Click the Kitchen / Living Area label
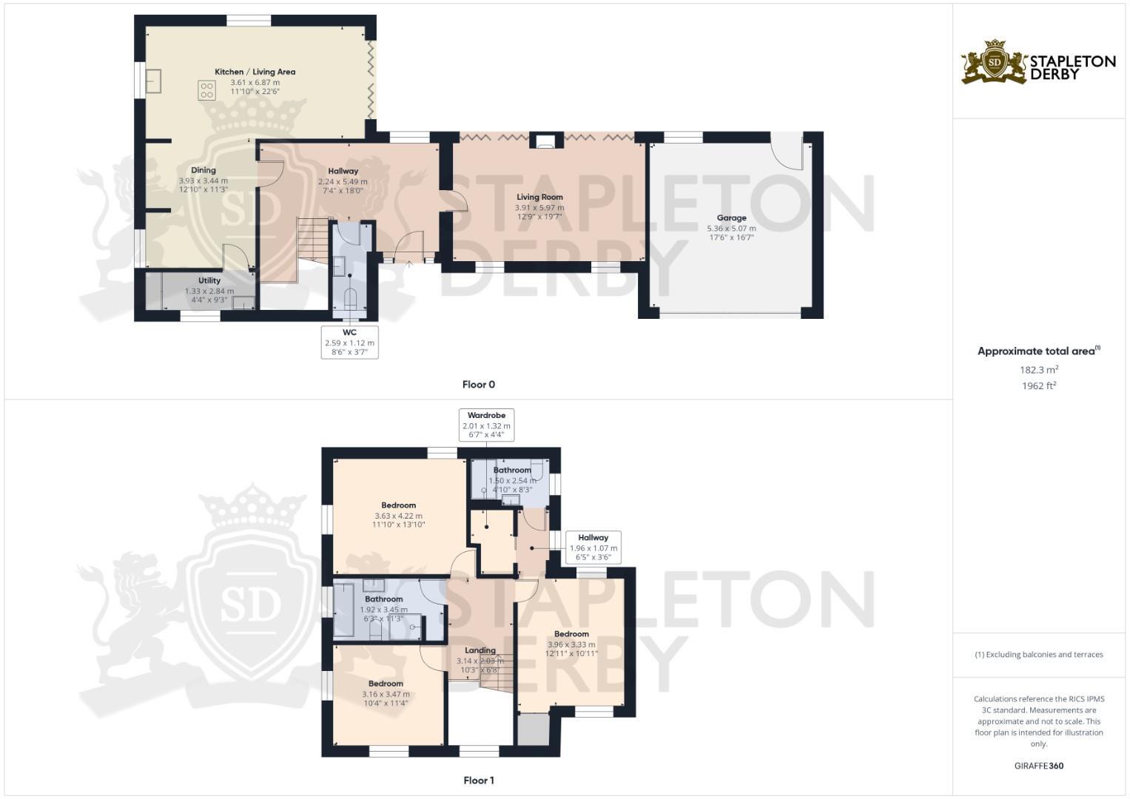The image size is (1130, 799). [x=255, y=72]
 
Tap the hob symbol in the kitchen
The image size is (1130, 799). [x=206, y=90]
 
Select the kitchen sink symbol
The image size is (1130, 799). [x=153, y=81]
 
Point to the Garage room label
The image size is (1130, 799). [x=731, y=218]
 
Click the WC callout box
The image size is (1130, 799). [x=349, y=343]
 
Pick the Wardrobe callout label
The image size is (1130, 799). [x=486, y=425]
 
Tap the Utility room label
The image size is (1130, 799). [x=209, y=280]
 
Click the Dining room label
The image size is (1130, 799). [x=204, y=170]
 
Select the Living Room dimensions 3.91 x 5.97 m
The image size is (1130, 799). [x=539, y=208]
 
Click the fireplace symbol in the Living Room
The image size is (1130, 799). [x=545, y=141]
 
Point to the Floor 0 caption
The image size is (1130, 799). [x=479, y=385]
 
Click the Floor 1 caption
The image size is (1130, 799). [x=479, y=781]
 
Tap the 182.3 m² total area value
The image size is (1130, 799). [x=1039, y=370]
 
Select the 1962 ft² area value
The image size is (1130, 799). [x=1039, y=386]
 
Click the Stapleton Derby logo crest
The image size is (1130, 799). [x=995, y=62]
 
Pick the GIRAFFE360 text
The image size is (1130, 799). [x=1039, y=766]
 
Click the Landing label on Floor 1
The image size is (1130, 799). [x=480, y=650]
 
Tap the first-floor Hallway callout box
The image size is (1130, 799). [x=593, y=547]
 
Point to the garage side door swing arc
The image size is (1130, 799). [x=787, y=152]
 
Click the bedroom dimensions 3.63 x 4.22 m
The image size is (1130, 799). [x=398, y=516]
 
